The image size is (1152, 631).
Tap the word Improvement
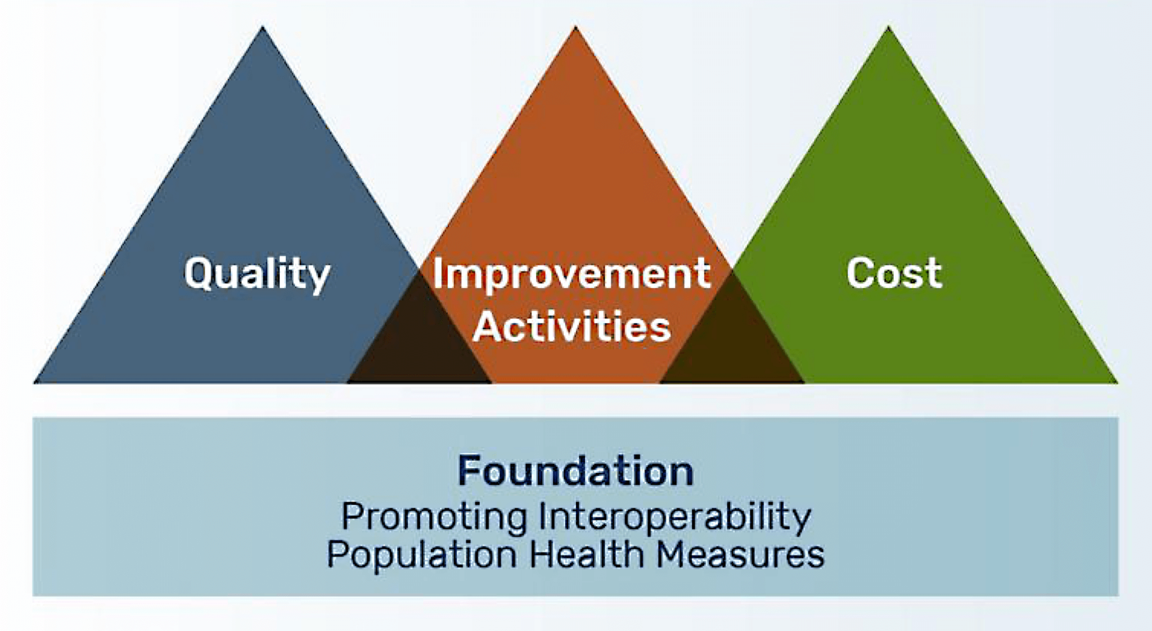pos(571,274)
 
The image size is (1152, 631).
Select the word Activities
pos(572,326)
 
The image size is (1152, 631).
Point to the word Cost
pos(894,273)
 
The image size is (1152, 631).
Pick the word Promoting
pos(434,517)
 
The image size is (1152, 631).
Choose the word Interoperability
pos(675,517)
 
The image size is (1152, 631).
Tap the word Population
pos(422,555)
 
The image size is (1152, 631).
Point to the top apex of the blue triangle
pos(262,27)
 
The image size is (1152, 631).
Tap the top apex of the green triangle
pos(888,26)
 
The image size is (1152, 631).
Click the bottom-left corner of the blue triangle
pos(34,383)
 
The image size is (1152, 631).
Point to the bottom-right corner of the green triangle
pos(1118,383)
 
